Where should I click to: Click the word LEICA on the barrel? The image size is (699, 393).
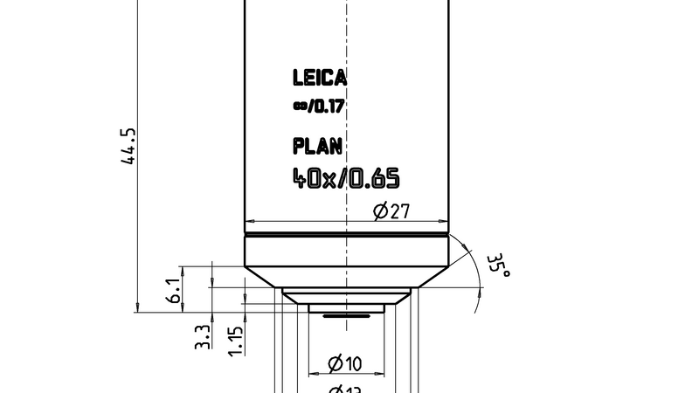point(319,79)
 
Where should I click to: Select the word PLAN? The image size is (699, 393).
point(319,145)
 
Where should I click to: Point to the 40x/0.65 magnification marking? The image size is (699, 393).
point(346,179)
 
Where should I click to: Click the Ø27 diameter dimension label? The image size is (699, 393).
point(391,210)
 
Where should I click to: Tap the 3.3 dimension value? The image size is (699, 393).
point(202,336)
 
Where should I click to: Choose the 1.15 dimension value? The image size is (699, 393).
point(235,341)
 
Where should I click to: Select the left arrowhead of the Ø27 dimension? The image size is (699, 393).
point(250,220)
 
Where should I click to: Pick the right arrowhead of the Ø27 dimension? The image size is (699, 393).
point(444,220)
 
